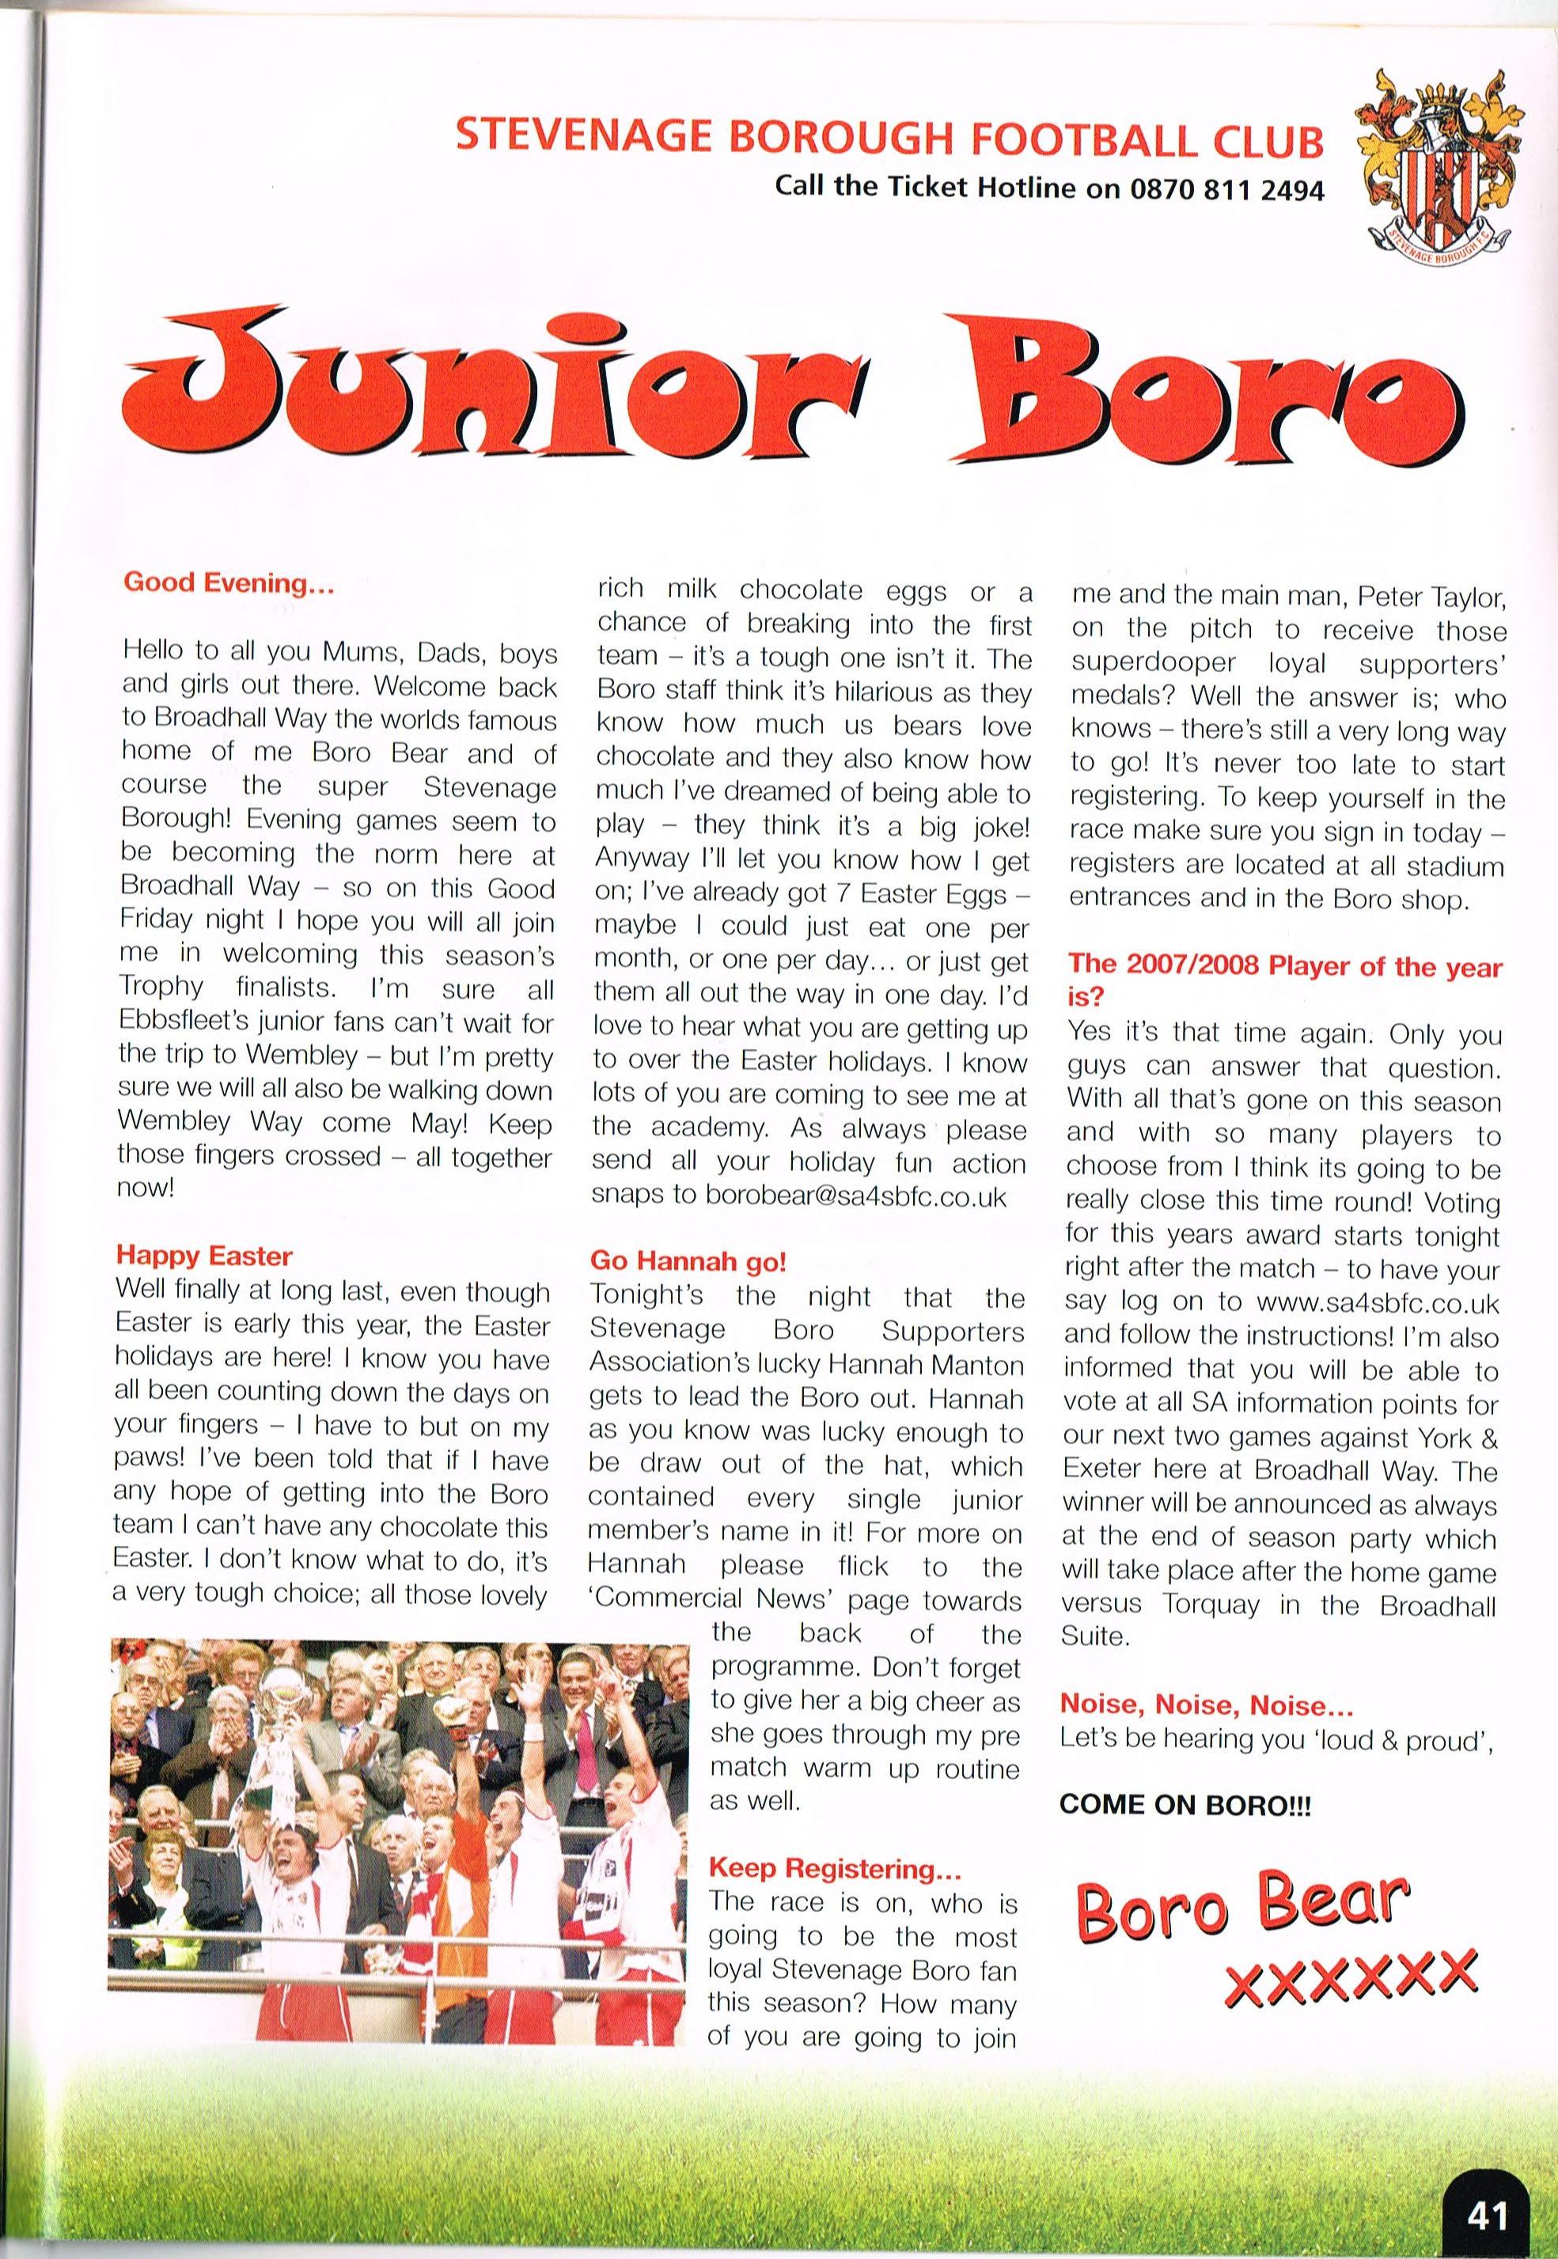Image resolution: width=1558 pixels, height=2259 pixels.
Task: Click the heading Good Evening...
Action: coord(229,584)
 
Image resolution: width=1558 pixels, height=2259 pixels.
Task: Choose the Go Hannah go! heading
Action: coord(688,1261)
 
